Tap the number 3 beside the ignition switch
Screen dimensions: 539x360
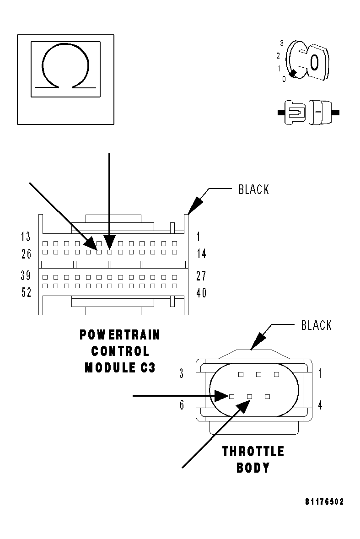(x=282, y=43)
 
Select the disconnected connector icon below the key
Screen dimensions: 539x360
(x=308, y=112)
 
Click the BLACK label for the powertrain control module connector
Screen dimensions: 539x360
(x=254, y=189)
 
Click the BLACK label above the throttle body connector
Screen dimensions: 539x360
(x=316, y=325)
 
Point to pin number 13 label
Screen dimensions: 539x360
(x=26, y=237)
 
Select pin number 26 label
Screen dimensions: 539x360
(x=26, y=253)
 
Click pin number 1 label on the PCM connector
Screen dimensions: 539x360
(x=199, y=237)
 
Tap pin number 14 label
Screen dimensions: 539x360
(x=201, y=253)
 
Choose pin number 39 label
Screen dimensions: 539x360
(x=26, y=276)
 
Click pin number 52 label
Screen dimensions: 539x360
(x=26, y=292)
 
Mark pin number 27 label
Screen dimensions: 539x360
(x=201, y=276)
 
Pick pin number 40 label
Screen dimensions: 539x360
(x=201, y=292)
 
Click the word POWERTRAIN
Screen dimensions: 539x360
(x=120, y=335)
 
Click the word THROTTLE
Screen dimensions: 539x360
(x=253, y=452)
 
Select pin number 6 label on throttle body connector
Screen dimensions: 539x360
(x=182, y=405)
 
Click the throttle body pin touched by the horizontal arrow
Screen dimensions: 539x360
(x=231, y=396)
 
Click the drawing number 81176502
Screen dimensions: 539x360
(x=324, y=501)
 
